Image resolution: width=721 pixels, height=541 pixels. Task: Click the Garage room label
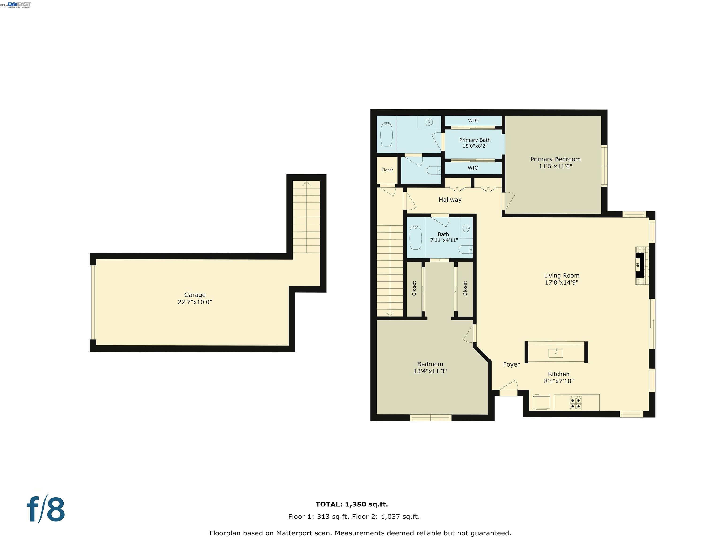tap(195, 295)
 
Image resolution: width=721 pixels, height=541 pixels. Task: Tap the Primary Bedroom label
tap(555, 159)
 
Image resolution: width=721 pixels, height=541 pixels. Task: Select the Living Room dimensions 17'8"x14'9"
tap(561, 282)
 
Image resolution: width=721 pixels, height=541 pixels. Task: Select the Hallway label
tap(450, 200)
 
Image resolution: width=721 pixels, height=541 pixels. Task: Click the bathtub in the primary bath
tap(387, 134)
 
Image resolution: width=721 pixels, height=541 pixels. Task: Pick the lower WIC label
tap(473, 168)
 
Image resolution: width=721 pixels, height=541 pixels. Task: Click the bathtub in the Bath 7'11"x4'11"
tap(415, 237)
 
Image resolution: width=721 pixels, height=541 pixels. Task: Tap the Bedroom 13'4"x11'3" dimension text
tap(430, 371)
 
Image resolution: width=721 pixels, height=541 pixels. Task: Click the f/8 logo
tap(46, 510)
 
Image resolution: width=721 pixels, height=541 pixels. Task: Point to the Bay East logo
tap(19, 4)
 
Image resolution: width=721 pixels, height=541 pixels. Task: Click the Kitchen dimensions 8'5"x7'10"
tap(558, 381)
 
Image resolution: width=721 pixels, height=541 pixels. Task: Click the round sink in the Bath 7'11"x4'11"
tap(466, 228)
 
